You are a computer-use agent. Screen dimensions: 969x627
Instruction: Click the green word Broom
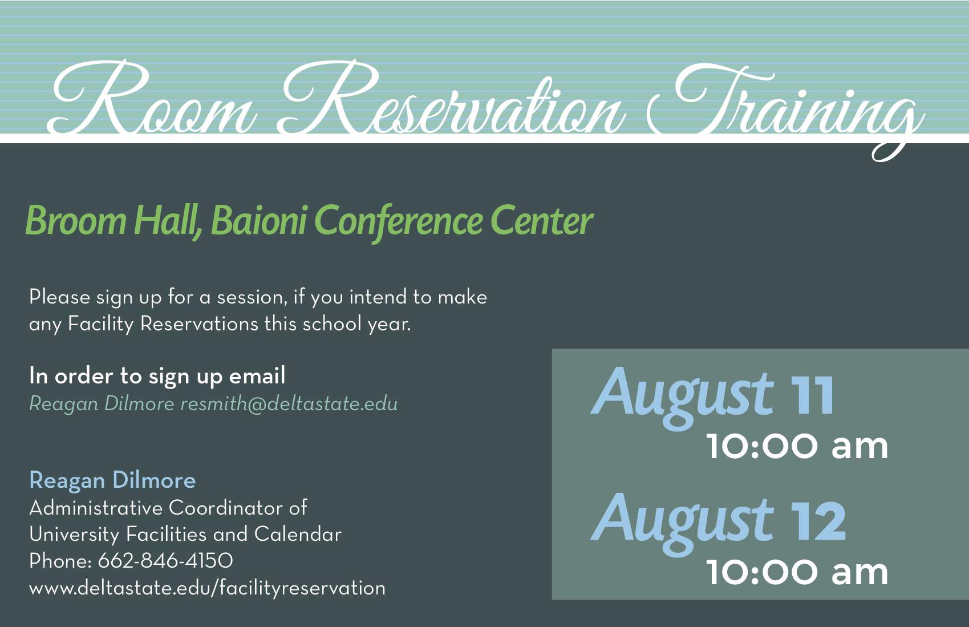(x=76, y=221)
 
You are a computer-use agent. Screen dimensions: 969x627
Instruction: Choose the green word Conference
(x=398, y=221)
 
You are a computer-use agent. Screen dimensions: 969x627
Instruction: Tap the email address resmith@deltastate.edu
(x=289, y=404)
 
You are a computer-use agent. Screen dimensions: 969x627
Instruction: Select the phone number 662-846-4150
(x=165, y=561)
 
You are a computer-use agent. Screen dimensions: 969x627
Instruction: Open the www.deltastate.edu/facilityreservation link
(x=207, y=588)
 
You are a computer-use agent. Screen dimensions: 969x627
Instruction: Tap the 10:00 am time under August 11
(x=797, y=447)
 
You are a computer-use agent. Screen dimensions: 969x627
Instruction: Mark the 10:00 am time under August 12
(x=797, y=572)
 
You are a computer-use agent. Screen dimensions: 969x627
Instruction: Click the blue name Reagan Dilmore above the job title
(x=112, y=481)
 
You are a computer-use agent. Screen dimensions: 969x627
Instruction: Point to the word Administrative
(x=96, y=508)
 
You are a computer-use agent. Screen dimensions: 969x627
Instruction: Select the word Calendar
(x=298, y=534)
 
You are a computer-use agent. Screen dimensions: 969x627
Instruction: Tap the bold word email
(x=257, y=375)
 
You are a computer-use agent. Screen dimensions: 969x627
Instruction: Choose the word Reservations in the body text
(x=199, y=323)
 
